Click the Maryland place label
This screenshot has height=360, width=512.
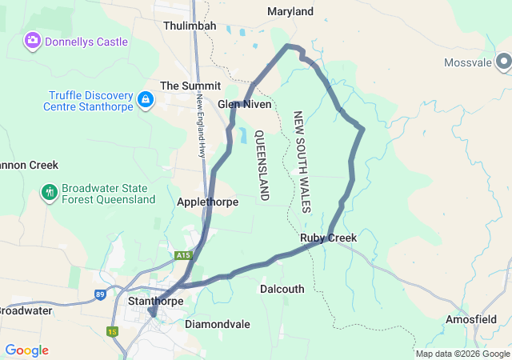pyautogui.click(x=290, y=12)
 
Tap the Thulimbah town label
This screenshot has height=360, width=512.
pyautogui.click(x=190, y=26)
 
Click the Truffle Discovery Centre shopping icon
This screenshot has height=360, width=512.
pyautogui.click(x=146, y=100)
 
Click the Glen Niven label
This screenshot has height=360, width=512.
pyautogui.click(x=245, y=105)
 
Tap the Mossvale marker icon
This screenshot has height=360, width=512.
pyautogui.click(x=503, y=62)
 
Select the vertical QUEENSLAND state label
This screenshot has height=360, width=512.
pyautogui.click(x=261, y=165)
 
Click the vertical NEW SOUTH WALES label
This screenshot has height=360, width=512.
pyautogui.click(x=302, y=162)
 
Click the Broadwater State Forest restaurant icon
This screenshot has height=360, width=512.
pyautogui.click(x=50, y=192)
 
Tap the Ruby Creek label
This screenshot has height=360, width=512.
pyautogui.click(x=328, y=238)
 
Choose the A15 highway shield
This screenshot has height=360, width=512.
pyautogui.click(x=183, y=255)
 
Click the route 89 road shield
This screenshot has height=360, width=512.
pyautogui.click(x=100, y=294)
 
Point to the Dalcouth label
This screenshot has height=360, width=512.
pyautogui.click(x=282, y=289)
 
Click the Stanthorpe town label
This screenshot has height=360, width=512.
pyautogui.click(x=155, y=302)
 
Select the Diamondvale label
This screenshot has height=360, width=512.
pyautogui.click(x=218, y=325)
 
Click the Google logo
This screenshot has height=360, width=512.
pyautogui.click(x=26, y=350)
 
